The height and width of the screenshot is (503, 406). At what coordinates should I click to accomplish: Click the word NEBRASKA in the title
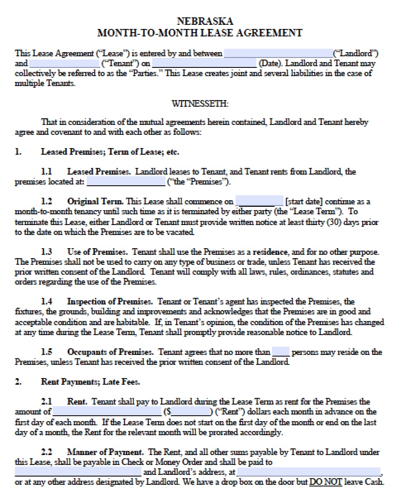[205, 21]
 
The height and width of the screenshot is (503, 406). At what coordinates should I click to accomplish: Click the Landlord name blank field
[278, 53]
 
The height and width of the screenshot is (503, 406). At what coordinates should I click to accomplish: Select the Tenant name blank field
[64, 64]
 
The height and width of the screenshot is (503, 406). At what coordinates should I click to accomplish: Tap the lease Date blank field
[204, 64]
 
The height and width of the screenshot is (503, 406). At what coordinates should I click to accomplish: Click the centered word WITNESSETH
[200, 104]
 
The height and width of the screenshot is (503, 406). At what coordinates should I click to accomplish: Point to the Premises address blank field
[126, 182]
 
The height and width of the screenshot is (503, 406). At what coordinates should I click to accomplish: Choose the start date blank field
[259, 202]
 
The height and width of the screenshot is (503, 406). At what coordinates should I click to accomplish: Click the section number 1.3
[47, 252]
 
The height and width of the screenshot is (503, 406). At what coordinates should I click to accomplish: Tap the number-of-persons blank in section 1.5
[281, 352]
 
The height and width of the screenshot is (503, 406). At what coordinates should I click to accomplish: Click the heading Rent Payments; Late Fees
[90, 382]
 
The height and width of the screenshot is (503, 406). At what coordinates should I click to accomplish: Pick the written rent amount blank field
[107, 412]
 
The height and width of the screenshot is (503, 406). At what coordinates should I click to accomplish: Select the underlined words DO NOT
[326, 482]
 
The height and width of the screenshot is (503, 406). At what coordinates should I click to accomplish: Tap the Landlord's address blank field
[308, 472]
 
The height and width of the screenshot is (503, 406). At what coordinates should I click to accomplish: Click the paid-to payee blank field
[78, 472]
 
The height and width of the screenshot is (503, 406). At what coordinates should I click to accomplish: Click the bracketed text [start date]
[304, 202]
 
